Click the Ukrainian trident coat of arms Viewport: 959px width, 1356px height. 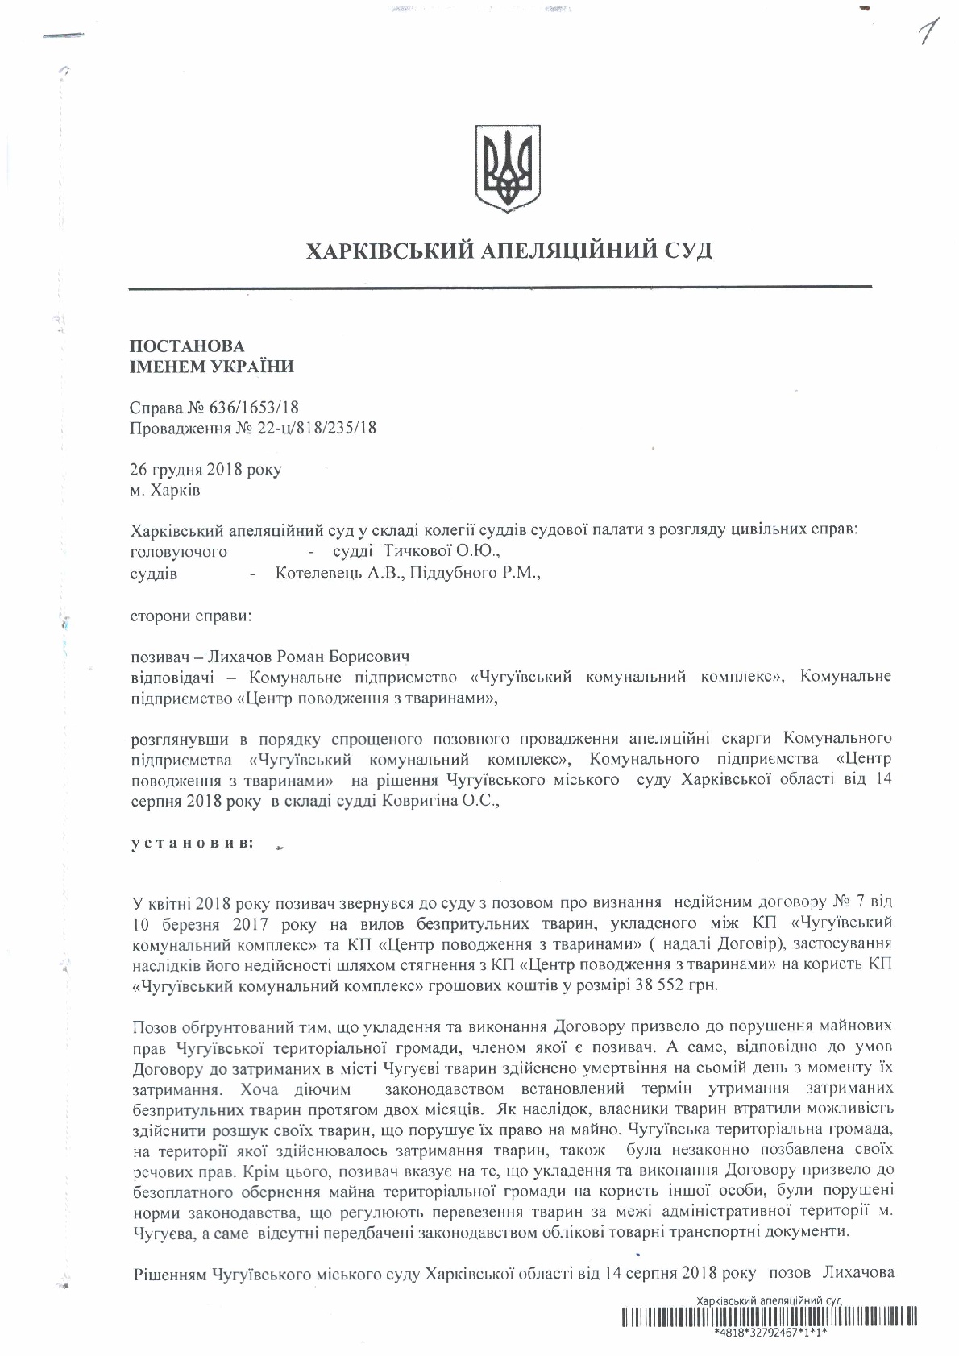(507, 168)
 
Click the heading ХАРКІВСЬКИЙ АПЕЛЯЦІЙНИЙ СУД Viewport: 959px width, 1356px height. (509, 251)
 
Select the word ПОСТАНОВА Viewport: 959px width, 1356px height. (187, 346)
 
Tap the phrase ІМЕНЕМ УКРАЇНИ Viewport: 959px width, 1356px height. (212, 367)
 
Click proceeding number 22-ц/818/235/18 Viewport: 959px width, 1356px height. (306, 429)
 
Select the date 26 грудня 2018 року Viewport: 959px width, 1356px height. (205, 470)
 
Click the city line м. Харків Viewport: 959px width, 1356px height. (165, 490)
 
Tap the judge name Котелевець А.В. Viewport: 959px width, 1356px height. (338, 574)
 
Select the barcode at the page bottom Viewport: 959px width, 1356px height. (769, 1319)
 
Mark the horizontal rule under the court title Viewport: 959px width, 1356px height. (500, 288)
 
